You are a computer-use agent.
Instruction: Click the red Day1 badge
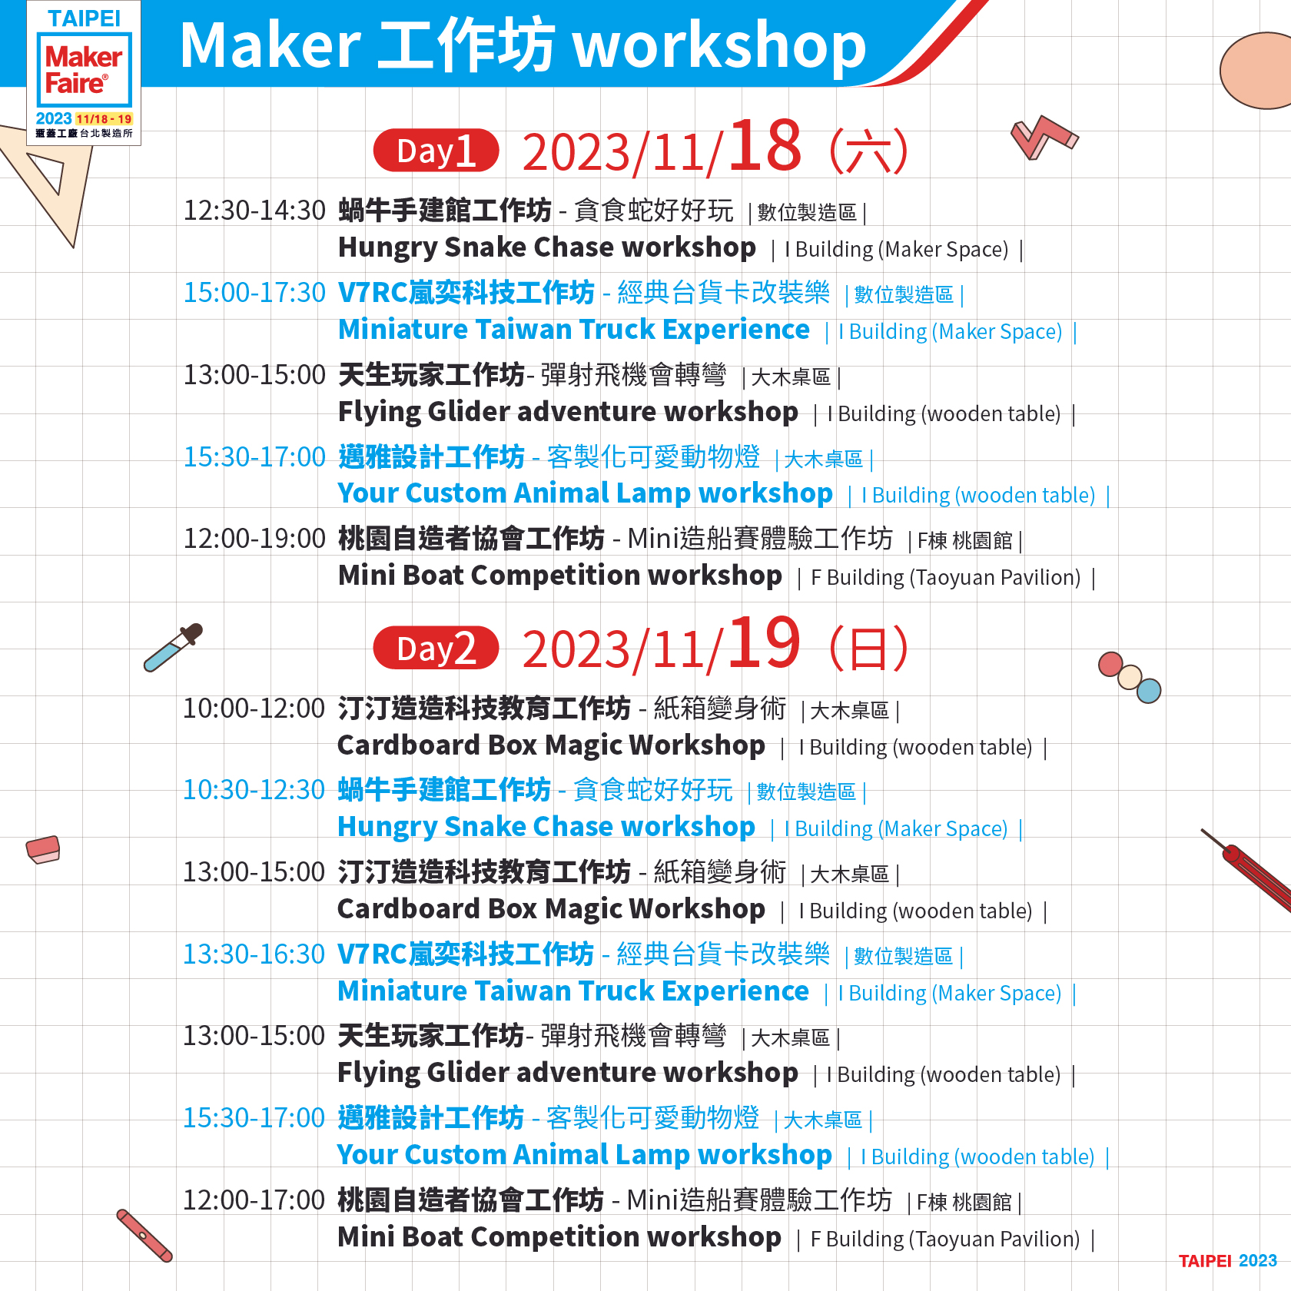[x=436, y=151]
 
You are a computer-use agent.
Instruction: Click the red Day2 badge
[x=436, y=649]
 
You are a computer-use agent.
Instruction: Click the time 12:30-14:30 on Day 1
[x=254, y=211]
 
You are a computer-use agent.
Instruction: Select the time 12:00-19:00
[x=254, y=539]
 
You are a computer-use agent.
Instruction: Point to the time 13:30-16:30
[x=254, y=954]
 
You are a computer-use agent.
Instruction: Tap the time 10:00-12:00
[x=254, y=709]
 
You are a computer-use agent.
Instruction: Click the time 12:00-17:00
[x=254, y=1200]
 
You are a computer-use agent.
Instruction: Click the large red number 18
[x=765, y=146]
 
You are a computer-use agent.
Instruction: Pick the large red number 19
[x=765, y=644]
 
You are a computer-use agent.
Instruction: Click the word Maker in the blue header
[x=270, y=46]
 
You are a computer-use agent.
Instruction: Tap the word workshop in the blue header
[x=720, y=46]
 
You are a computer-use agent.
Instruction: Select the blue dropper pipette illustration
[x=173, y=648]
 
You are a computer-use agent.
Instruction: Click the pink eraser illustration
[x=43, y=849]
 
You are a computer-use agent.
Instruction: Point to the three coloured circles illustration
[x=1129, y=677]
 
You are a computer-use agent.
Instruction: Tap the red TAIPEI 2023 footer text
[x=1227, y=1261]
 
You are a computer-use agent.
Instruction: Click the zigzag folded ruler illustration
[x=1044, y=137]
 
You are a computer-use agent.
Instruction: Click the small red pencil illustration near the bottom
[x=144, y=1236]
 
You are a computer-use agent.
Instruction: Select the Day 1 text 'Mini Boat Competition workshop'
[x=559, y=576]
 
